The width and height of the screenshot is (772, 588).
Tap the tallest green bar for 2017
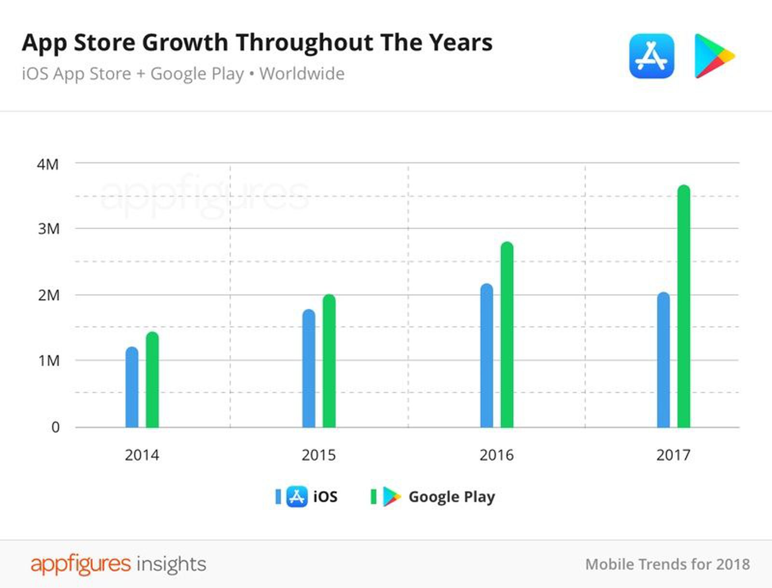click(684, 307)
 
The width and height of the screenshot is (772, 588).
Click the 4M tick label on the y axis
click(48, 165)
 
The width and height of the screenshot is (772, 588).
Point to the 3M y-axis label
click(49, 229)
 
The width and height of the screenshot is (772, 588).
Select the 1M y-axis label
click(49, 361)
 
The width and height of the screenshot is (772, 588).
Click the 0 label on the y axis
click(55, 427)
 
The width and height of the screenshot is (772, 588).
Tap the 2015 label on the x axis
click(318, 455)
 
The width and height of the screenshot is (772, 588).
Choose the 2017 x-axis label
click(673, 455)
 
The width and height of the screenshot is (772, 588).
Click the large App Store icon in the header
click(651, 56)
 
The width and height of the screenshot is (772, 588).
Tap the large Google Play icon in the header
click(713, 56)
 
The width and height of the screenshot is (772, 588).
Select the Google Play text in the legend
click(452, 497)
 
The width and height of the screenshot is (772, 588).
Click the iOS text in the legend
click(325, 497)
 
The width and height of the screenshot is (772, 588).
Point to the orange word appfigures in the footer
click(81, 564)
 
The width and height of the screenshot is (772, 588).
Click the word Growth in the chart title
click(185, 42)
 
